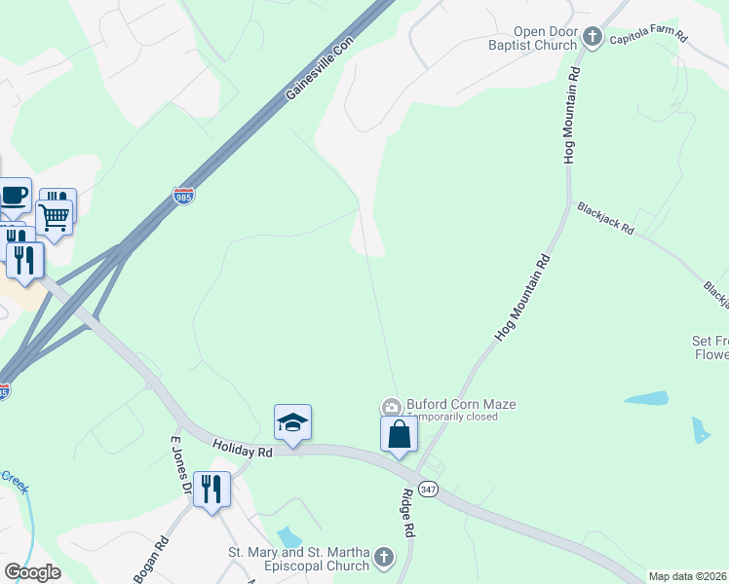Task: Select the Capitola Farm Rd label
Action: (x=648, y=40)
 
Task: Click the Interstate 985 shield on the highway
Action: (x=183, y=196)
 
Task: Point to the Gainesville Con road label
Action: (x=318, y=67)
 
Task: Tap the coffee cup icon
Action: (x=15, y=196)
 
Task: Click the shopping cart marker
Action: (x=54, y=217)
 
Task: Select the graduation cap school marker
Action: (x=292, y=423)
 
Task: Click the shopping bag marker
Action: (x=400, y=434)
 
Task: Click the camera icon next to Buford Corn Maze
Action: (x=391, y=406)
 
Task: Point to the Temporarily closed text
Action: (x=452, y=418)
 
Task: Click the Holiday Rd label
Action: (x=243, y=449)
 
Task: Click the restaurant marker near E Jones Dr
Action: (x=211, y=488)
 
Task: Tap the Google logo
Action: (x=33, y=572)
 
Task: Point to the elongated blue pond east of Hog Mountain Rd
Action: (x=645, y=399)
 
